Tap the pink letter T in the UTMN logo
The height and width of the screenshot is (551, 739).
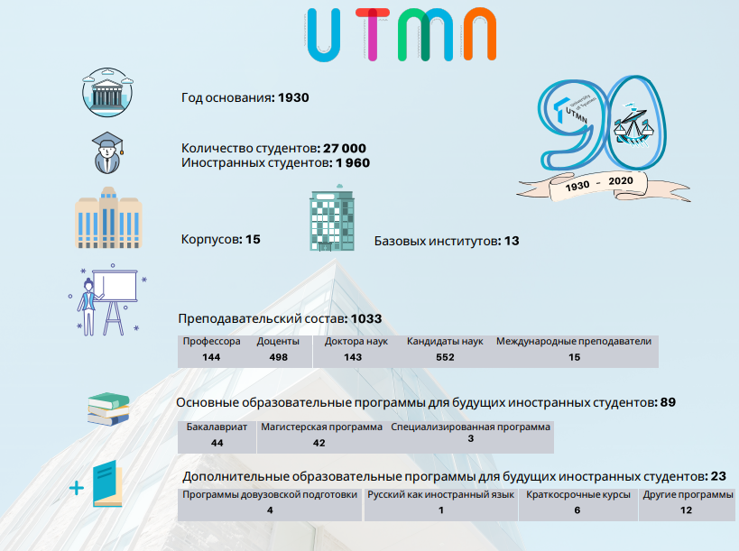373,34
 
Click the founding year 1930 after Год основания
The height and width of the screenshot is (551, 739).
293,97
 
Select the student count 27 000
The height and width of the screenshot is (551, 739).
345,148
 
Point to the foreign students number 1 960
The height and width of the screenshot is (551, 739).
353,163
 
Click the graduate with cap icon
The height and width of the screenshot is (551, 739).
107,152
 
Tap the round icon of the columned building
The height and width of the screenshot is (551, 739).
107,92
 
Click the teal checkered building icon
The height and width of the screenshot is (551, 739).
332,217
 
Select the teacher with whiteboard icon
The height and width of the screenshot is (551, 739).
108,299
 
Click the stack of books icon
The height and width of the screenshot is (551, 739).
109,409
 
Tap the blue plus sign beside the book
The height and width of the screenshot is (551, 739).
77,488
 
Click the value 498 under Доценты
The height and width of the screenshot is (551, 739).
279,357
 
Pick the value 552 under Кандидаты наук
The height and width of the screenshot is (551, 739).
445,357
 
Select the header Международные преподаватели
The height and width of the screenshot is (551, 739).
574,342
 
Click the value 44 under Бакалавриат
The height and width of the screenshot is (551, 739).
217,443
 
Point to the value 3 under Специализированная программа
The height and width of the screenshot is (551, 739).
471,438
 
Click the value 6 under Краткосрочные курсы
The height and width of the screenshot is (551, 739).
577,510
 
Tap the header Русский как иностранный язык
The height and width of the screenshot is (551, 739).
440,495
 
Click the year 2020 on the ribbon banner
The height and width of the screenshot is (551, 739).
621,181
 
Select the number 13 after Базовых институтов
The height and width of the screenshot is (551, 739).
512,241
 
